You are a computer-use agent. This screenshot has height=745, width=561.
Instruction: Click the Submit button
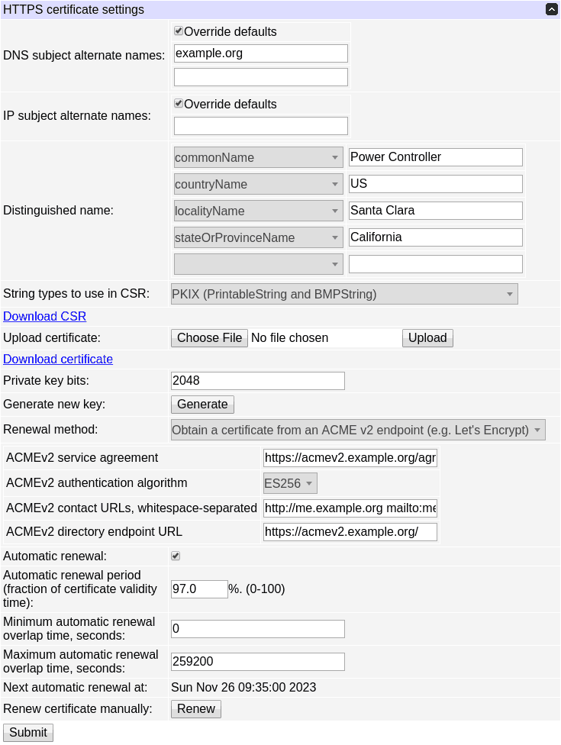point(28,733)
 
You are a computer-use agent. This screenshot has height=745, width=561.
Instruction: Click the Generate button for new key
point(202,405)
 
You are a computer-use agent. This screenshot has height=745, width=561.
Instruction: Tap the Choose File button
point(209,338)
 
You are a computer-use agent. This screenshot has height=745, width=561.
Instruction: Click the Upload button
point(427,338)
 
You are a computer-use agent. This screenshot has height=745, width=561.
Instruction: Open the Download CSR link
point(44,316)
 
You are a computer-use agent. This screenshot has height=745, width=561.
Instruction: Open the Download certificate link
point(58,359)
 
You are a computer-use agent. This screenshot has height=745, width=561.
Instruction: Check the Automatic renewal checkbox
point(176,556)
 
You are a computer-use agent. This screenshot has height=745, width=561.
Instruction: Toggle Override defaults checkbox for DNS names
point(179,31)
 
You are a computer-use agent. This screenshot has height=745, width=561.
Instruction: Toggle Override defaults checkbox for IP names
point(179,104)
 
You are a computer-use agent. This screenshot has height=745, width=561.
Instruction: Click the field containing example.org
point(260,53)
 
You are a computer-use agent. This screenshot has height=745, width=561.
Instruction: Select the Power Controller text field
point(435,157)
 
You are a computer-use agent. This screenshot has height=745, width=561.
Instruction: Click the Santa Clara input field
point(435,211)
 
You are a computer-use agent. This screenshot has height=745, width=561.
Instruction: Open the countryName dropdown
point(258,184)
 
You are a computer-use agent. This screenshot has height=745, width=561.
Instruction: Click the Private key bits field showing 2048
point(257,381)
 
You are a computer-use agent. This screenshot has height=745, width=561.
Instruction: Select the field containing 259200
point(257,662)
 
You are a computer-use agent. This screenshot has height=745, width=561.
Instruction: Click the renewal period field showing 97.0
point(199,589)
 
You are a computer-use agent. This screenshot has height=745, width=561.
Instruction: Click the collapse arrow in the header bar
point(551,10)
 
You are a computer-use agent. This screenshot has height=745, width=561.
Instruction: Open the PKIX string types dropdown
point(343,294)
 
